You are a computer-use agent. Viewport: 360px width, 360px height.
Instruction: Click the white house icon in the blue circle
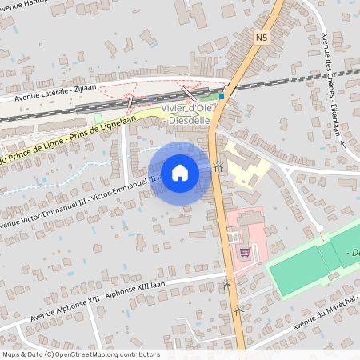pos(180,172)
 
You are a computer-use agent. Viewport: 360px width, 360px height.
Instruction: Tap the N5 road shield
pos(262,37)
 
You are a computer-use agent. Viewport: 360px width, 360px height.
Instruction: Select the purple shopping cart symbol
pos(245,252)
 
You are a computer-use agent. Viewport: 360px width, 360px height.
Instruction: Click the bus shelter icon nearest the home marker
pos(219,166)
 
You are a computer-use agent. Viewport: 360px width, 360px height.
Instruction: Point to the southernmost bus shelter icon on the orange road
pos(237,313)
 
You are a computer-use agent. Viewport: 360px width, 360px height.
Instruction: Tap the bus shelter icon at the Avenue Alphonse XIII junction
pos(226,284)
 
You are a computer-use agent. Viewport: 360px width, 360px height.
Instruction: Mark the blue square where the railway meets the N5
pos(222,96)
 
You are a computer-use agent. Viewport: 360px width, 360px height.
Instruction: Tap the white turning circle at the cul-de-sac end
pos(320,229)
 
